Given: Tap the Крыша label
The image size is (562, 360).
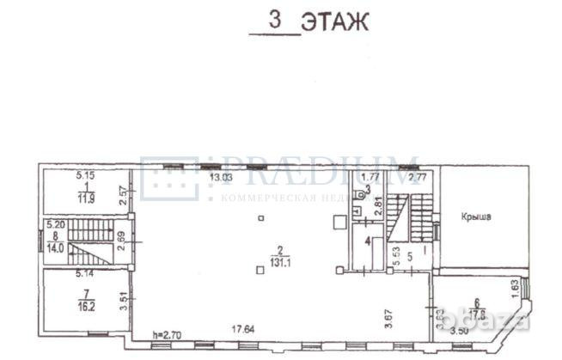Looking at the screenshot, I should coord(474,217).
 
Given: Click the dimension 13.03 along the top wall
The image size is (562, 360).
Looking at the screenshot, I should coord(222,178).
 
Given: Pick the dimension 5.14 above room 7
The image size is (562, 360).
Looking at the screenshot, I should coord(82,274).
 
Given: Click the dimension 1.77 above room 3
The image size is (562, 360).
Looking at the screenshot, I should coord(359,178).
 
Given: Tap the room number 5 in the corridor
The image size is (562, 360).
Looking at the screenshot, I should coord(410,254).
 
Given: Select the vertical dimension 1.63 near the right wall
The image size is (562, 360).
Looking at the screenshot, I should coord(514,284).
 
